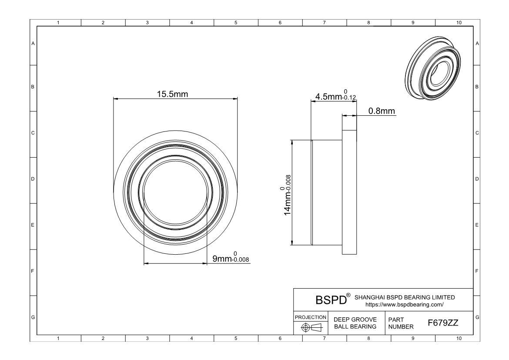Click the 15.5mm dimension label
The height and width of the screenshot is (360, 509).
[172, 94]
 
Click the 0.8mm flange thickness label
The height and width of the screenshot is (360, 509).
[382, 111]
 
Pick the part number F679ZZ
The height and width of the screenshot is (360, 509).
[443, 323]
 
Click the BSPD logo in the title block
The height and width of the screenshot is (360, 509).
[331, 300]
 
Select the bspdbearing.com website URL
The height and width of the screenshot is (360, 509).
[404, 305]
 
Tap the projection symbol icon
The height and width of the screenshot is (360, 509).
[311, 327]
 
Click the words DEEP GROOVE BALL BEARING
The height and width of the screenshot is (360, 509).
[355, 323]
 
